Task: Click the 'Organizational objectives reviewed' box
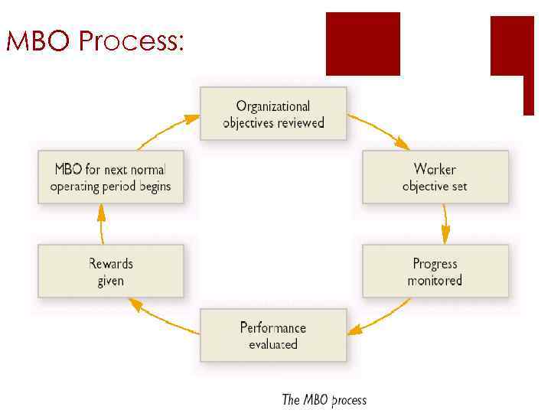[273, 113]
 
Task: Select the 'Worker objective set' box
[435, 177]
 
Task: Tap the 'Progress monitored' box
[435, 271]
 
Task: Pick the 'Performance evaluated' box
[273, 335]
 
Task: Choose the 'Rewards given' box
[111, 271]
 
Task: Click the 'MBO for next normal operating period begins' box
[111, 177]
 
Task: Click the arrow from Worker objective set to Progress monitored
[445, 223]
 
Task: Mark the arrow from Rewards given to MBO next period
[101, 223]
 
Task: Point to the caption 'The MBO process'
[324, 400]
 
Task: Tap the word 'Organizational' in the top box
[273, 106]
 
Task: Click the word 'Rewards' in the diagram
[111, 264]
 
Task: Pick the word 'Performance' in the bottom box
[273, 327]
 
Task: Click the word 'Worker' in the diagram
[435, 169]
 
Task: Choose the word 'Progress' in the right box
[435, 264]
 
